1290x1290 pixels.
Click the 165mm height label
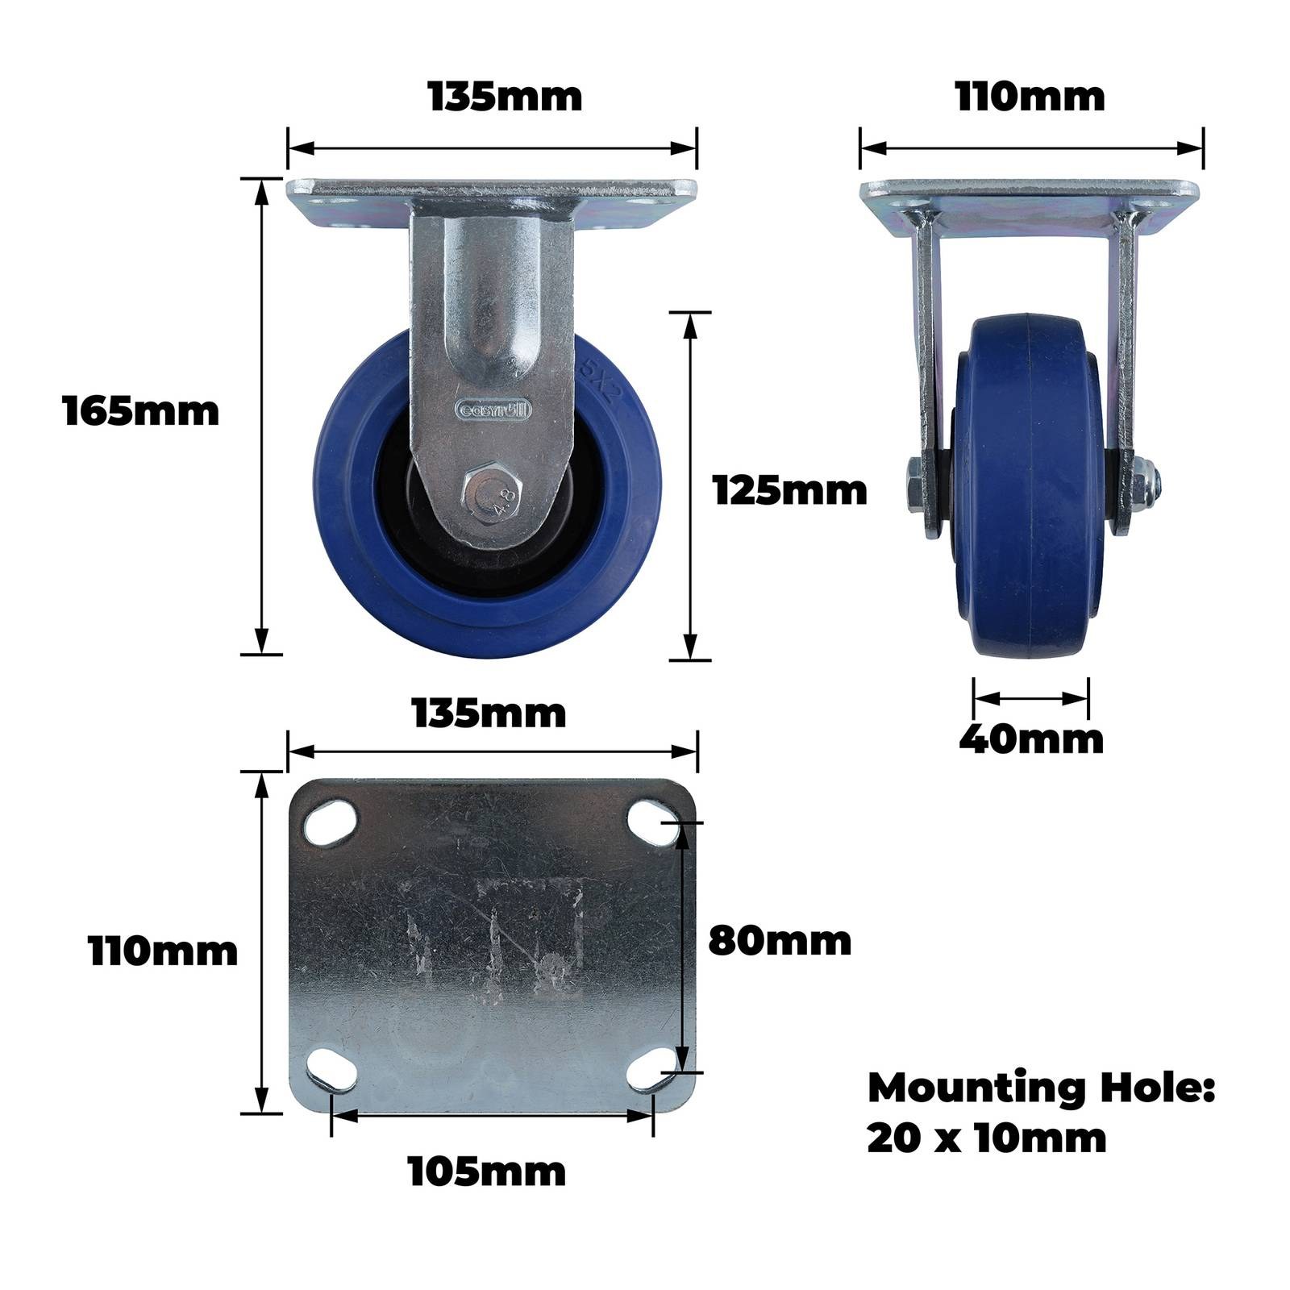pyautogui.click(x=141, y=411)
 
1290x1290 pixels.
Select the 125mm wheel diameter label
pyautogui.click(x=790, y=490)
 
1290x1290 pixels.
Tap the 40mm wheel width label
pyautogui.click(x=1031, y=739)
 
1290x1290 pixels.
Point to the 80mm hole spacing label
pyautogui.click(x=780, y=940)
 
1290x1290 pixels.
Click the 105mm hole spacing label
pyautogui.click(x=487, y=1171)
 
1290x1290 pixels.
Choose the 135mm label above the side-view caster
pyautogui.click(x=505, y=97)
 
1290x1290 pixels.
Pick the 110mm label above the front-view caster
pyautogui.click(x=1030, y=97)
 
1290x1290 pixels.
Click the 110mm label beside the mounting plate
pyautogui.click(x=164, y=951)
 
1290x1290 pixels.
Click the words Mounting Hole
pyautogui.click(x=1041, y=1088)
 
